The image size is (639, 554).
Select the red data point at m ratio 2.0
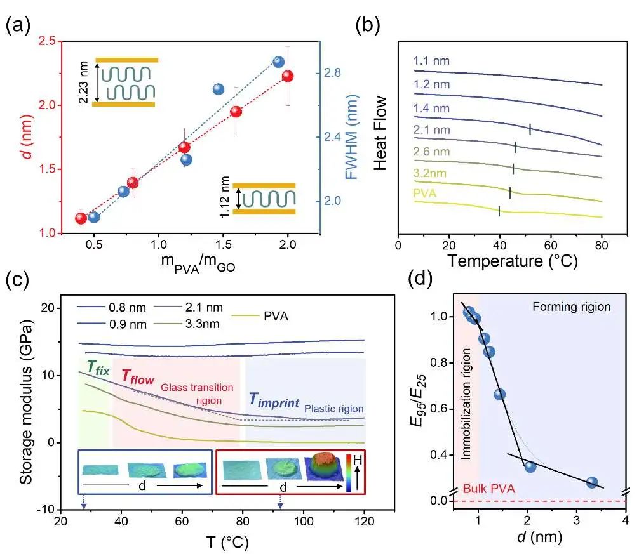tap(288, 76)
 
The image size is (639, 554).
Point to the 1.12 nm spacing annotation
tap(225, 197)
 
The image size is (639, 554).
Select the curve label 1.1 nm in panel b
tap(431, 62)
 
